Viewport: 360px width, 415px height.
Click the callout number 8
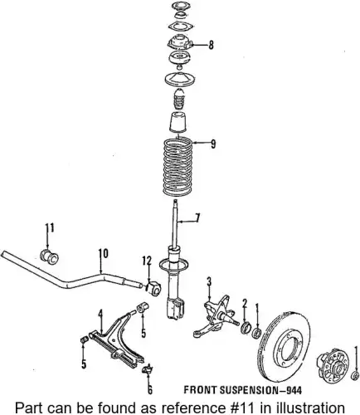pyautogui.click(x=212, y=45)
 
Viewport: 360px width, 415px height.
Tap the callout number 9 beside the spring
pyautogui.click(x=213, y=144)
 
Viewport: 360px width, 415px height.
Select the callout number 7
pyautogui.click(x=197, y=217)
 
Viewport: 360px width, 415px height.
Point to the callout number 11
pyautogui.click(x=50, y=228)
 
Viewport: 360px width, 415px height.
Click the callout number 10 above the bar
pyautogui.click(x=104, y=254)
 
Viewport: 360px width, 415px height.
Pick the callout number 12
pyautogui.click(x=147, y=261)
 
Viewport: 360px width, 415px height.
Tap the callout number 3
pyautogui.click(x=209, y=282)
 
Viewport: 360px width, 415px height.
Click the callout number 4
pyautogui.click(x=100, y=315)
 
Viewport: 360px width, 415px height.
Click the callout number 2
pyautogui.click(x=245, y=304)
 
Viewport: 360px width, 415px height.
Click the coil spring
pyautogui.click(x=178, y=167)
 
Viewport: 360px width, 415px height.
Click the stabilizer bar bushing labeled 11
pyautogui.click(x=49, y=256)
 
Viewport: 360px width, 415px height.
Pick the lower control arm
pyautogui.click(x=117, y=340)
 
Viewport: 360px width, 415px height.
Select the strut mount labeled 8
pyautogui.click(x=180, y=42)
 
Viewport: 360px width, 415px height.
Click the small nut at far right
pyautogui.click(x=354, y=376)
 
